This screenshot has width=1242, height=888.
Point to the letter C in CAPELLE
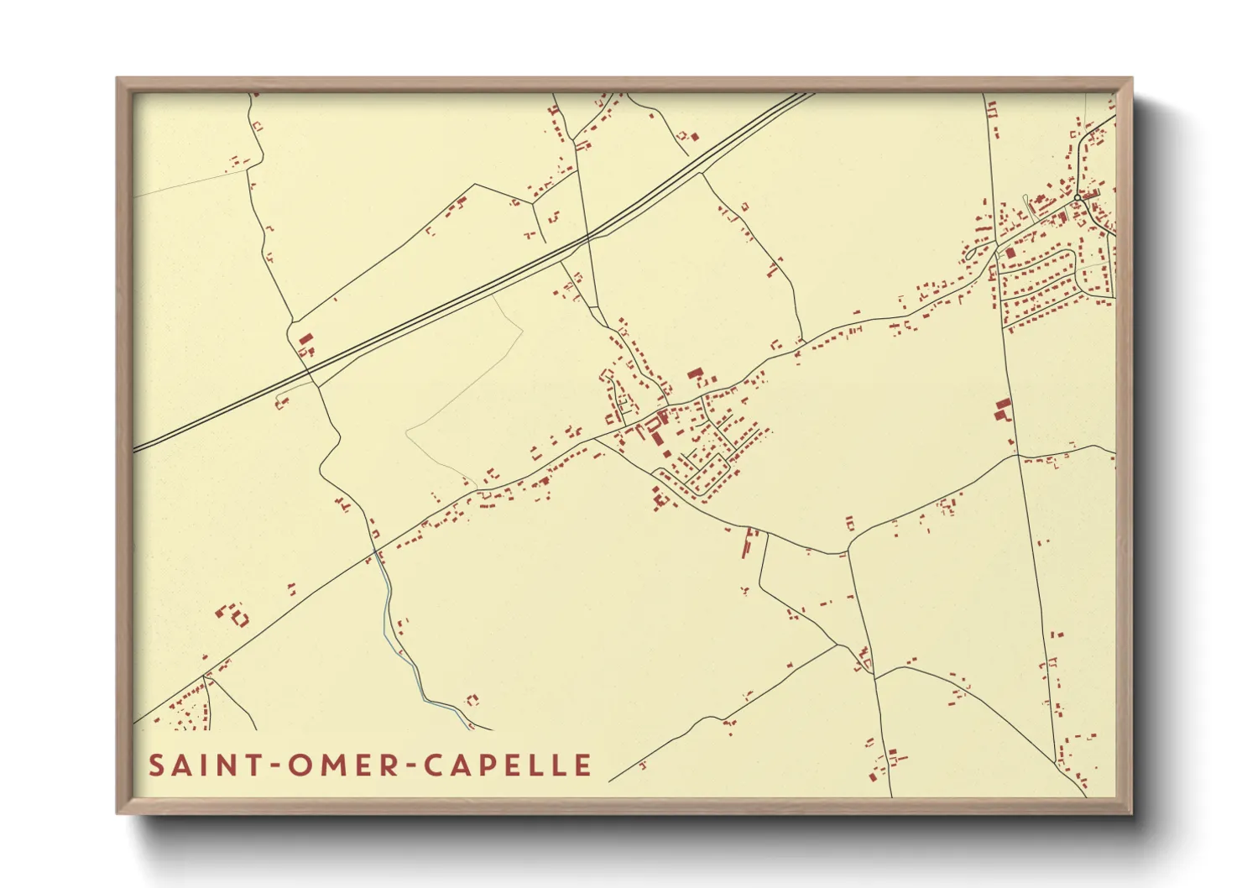(x=434, y=765)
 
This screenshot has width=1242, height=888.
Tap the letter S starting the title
(x=156, y=765)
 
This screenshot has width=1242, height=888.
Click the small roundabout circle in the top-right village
(x=1077, y=198)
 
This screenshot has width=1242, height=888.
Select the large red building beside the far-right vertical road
(x=1002, y=410)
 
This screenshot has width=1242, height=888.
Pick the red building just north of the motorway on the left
(x=306, y=340)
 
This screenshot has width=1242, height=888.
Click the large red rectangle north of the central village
(x=694, y=373)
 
